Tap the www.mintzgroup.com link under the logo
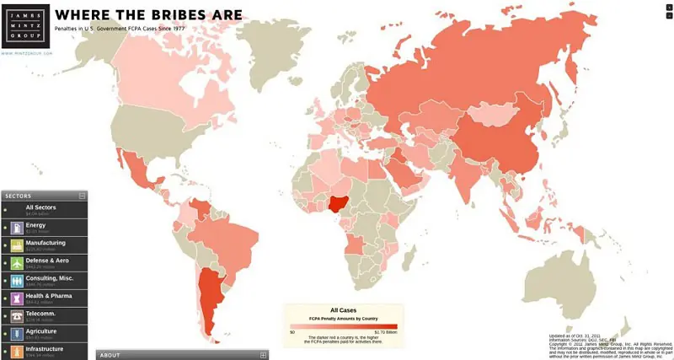27,53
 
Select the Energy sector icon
17,228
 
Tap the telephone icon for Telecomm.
17,316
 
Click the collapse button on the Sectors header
82,196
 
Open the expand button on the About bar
263,355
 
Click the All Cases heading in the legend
343,310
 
